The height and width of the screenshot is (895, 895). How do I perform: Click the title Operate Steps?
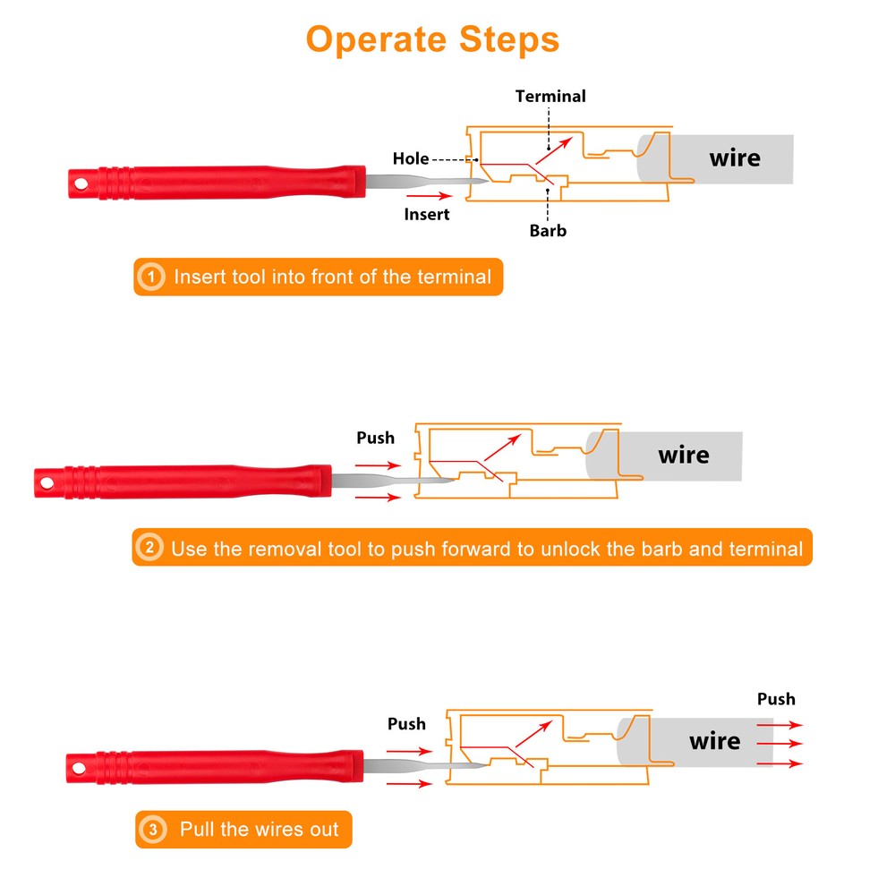tap(432, 40)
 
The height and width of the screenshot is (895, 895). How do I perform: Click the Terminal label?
tap(550, 96)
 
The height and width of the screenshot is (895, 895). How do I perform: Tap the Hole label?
tap(411, 158)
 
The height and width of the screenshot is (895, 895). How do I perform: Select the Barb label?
tap(548, 231)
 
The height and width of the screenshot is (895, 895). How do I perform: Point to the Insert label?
tap(427, 215)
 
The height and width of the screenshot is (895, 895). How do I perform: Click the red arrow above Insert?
tap(430, 196)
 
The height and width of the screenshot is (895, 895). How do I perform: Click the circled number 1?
tap(151, 277)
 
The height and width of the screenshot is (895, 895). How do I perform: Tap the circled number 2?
tap(149, 548)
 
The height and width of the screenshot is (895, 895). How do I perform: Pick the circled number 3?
tap(152, 830)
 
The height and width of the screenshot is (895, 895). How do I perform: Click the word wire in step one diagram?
tap(735, 158)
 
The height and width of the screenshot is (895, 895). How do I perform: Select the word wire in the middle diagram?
tap(683, 456)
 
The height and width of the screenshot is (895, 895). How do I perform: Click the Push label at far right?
tap(776, 699)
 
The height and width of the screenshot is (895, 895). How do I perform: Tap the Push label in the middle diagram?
tap(376, 438)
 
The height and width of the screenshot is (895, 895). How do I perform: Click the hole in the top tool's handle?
tap(81, 183)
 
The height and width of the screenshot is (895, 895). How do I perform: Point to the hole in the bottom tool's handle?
tap(79, 768)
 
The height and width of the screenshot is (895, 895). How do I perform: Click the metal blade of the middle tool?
tap(393, 481)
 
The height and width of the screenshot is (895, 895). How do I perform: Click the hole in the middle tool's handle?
tap(47, 483)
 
